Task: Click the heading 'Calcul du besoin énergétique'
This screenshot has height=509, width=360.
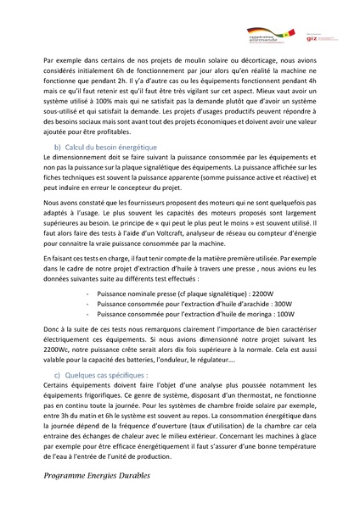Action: (x=111, y=147)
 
